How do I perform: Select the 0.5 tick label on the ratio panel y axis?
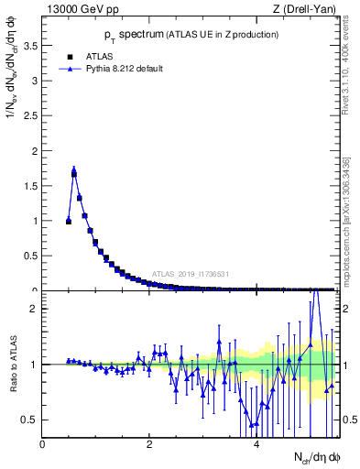pyautogui.click(x=30, y=420)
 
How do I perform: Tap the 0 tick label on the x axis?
pyautogui.click(x=42, y=443)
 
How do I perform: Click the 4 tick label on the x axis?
pyautogui.click(x=256, y=443)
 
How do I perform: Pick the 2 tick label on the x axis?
pyautogui.click(x=149, y=443)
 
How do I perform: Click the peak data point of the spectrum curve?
pyautogui.click(x=74, y=170)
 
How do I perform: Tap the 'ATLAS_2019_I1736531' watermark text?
pyautogui.click(x=191, y=274)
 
